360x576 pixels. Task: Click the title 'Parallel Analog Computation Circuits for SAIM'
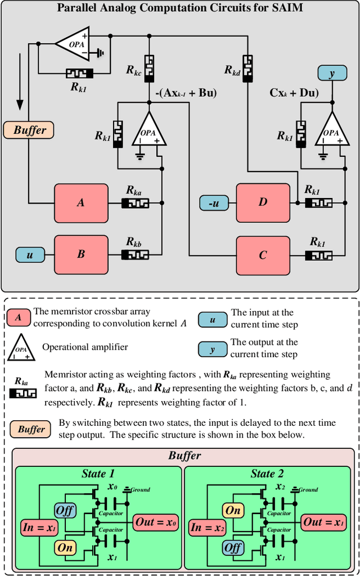(x=179, y=8)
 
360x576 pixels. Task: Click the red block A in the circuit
(x=81, y=202)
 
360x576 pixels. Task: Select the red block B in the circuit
(x=81, y=254)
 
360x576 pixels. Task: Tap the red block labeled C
(x=263, y=255)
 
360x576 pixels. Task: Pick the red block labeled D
(x=263, y=202)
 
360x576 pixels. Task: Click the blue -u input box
(x=214, y=203)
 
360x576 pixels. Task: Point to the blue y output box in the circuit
(x=332, y=73)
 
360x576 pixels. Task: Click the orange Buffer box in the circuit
(x=29, y=130)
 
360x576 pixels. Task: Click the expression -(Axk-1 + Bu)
(x=185, y=93)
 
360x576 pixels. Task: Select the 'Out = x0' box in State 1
(x=155, y=523)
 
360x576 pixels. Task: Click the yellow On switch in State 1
(x=64, y=546)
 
